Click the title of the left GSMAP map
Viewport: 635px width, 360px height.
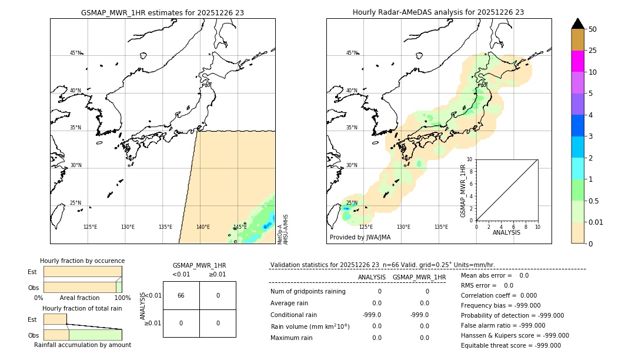click(162, 12)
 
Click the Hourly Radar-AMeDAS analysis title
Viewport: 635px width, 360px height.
click(438, 12)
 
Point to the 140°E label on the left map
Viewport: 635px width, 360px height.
click(203, 227)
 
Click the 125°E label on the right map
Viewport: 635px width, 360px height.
click(366, 227)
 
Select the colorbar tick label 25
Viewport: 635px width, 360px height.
click(593, 51)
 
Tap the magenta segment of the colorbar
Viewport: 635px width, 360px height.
click(577, 61)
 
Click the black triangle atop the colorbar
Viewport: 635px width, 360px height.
click(577, 24)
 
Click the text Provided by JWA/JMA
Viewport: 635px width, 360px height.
click(360, 238)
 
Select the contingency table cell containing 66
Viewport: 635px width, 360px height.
click(181, 295)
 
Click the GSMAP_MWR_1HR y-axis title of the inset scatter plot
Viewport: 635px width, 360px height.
click(463, 191)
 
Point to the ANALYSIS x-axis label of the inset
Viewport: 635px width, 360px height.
click(507, 232)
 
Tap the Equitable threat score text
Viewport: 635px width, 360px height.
click(511, 345)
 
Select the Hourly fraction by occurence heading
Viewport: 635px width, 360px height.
click(82, 261)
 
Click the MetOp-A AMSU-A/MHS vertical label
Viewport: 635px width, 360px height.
click(283, 229)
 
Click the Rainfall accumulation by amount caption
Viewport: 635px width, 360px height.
click(82, 345)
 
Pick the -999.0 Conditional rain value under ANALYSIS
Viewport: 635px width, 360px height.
click(372, 315)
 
